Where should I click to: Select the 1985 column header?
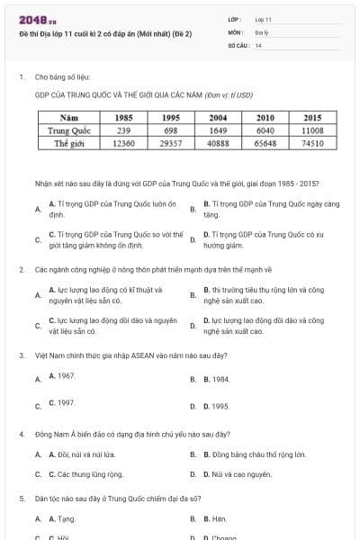pyautogui.click(x=124, y=118)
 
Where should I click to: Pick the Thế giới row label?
pyautogui.click(x=68, y=143)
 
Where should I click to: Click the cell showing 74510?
pyautogui.click(x=313, y=143)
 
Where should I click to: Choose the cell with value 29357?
pyautogui.click(x=171, y=143)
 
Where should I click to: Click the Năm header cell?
pyautogui.click(x=68, y=118)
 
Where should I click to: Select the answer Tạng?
pyautogui.click(x=63, y=519)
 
